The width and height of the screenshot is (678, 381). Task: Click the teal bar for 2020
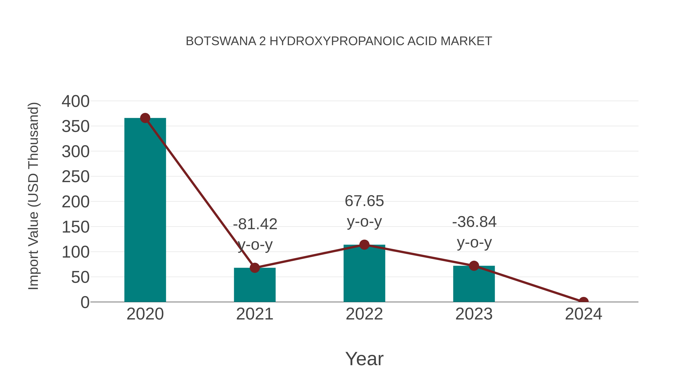tap(145, 210)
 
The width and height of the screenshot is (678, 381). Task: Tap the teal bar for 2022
tap(364, 273)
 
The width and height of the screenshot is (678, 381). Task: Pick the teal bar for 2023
tap(474, 284)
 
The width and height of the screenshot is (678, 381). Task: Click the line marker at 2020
tap(145, 118)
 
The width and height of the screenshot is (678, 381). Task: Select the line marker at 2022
tap(364, 245)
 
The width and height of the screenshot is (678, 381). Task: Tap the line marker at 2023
tap(474, 266)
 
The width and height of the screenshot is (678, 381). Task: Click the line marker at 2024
tap(583, 301)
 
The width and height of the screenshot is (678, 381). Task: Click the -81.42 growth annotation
tap(255, 224)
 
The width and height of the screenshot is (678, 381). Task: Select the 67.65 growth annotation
tap(364, 201)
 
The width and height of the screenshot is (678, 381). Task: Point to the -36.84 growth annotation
tap(474, 222)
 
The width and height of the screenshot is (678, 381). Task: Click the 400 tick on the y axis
tap(76, 101)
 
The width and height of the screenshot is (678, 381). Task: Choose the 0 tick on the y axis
tap(85, 302)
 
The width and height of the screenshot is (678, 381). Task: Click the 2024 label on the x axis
tap(583, 314)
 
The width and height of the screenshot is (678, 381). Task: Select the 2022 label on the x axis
tap(364, 314)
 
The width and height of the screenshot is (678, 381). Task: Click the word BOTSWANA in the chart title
tap(221, 41)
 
